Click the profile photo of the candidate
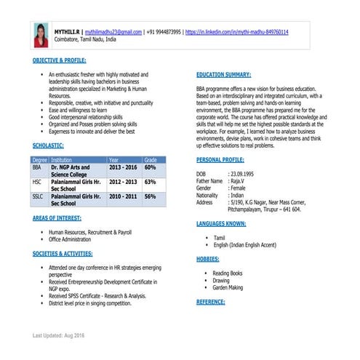click(40, 35)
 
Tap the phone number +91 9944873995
click(164, 33)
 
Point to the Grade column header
click(151, 159)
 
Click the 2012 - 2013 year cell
click(122, 182)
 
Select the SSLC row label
click(37, 196)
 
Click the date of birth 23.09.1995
click(242, 175)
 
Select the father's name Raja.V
click(237, 181)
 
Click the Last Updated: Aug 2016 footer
click(58, 335)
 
